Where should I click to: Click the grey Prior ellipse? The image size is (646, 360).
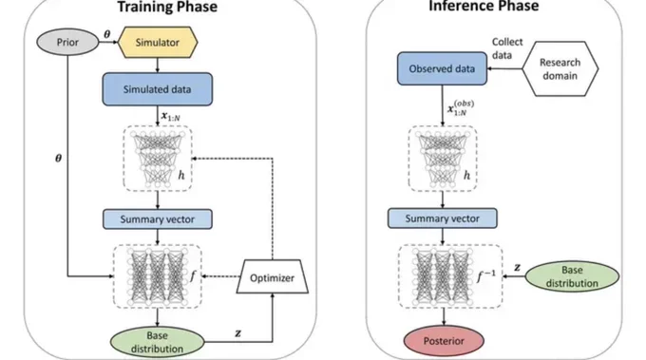[67, 42]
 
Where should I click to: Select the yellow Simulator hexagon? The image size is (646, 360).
[158, 42]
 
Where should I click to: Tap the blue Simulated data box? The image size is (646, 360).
[158, 89]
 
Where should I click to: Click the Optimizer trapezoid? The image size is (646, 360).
[273, 276]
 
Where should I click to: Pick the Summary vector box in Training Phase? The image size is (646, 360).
[158, 219]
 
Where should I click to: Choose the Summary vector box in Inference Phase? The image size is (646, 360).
[443, 218]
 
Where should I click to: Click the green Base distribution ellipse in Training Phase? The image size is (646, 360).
[157, 342]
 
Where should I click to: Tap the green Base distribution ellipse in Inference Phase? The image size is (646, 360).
[572, 276]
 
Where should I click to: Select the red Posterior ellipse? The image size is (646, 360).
[444, 341]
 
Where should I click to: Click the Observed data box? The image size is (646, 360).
[442, 68]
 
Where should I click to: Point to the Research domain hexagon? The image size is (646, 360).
[560, 68]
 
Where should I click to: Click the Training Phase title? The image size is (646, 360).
[167, 7]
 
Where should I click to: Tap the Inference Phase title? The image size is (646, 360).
[484, 6]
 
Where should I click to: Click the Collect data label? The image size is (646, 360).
[506, 48]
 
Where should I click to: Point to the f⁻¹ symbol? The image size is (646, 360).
[486, 275]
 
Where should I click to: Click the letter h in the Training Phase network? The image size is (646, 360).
[181, 176]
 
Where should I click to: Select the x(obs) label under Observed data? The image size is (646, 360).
[461, 108]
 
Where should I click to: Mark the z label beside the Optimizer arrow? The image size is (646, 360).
[238, 333]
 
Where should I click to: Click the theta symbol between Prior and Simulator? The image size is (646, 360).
[107, 34]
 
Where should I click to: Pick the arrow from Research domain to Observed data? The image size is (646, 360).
[504, 68]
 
